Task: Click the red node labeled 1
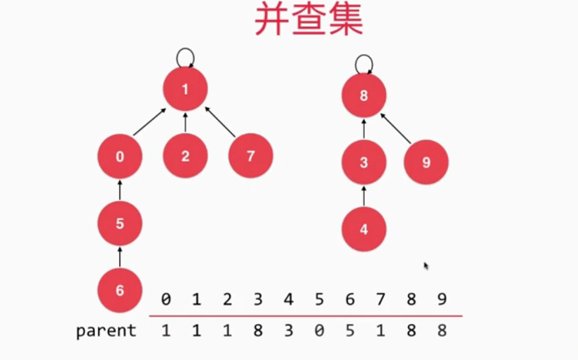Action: point(185,90)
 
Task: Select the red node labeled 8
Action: point(364,95)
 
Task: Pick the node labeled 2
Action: point(185,156)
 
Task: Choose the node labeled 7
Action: point(251,156)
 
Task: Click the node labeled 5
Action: point(120,223)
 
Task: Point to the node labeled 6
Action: point(120,290)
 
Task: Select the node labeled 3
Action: point(364,162)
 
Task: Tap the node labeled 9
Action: point(426,162)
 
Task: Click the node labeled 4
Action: point(364,230)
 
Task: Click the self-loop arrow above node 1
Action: point(187,57)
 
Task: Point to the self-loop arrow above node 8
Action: point(364,62)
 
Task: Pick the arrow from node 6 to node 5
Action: point(120,256)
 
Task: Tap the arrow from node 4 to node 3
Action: point(364,196)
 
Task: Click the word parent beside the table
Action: point(106,331)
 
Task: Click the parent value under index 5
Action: point(320,331)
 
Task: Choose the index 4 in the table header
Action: point(288,298)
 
